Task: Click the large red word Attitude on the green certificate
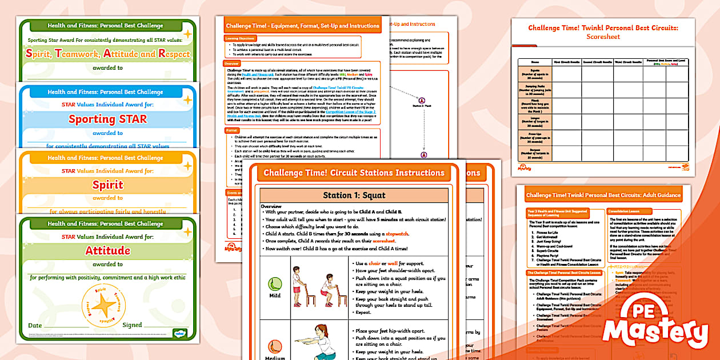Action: [108, 251]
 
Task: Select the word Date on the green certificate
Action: [35, 325]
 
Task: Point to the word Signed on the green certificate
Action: [132, 325]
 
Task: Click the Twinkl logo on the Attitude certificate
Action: [179, 334]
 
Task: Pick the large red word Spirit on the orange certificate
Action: [108, 185]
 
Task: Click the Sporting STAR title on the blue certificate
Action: [108, 119]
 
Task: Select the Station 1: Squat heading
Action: [354, 195]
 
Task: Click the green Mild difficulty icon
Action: [274, 283]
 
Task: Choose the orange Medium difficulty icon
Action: [274, 346]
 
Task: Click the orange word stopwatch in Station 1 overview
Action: [398, 234]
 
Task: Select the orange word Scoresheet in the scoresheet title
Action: [603, 37]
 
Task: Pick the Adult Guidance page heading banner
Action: [603, 195]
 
